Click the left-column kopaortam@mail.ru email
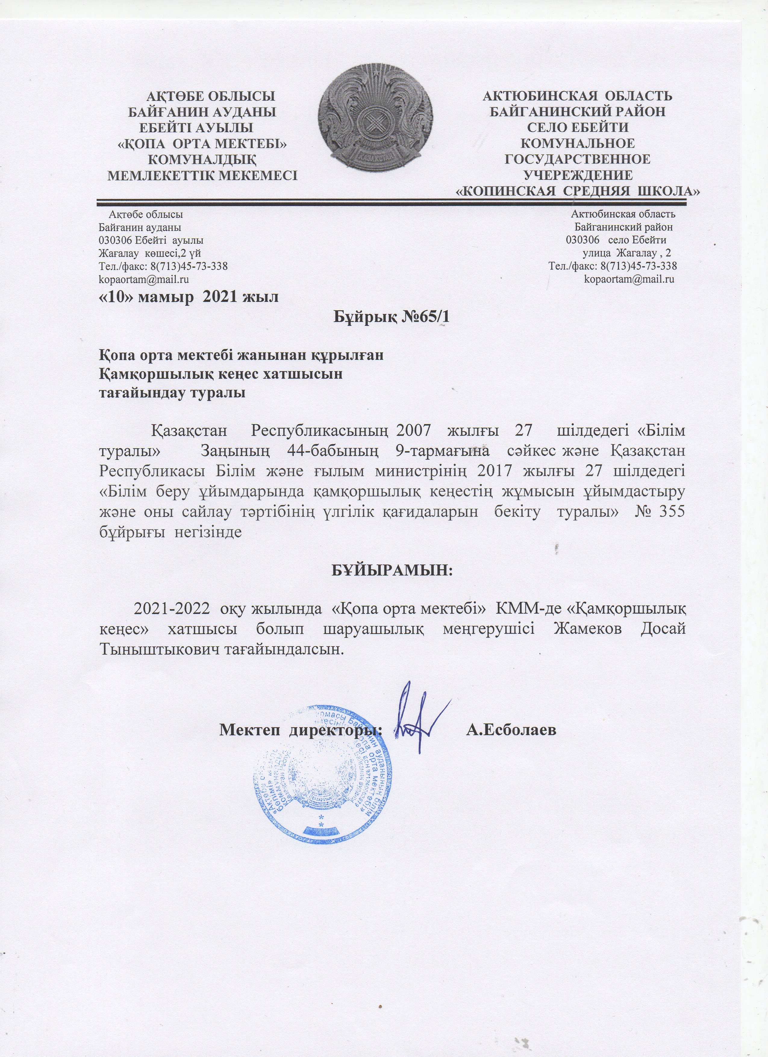[144, 280]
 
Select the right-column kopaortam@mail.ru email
[629, 280]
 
